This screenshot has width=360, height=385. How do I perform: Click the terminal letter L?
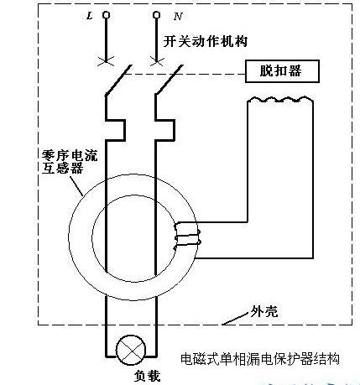[91, 15]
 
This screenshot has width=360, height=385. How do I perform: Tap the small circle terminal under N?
[157, 15]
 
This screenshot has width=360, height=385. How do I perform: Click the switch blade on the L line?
[115, 78]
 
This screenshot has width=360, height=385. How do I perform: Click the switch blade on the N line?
[167, 78]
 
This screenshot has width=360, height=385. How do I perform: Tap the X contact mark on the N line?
[157, 59]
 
